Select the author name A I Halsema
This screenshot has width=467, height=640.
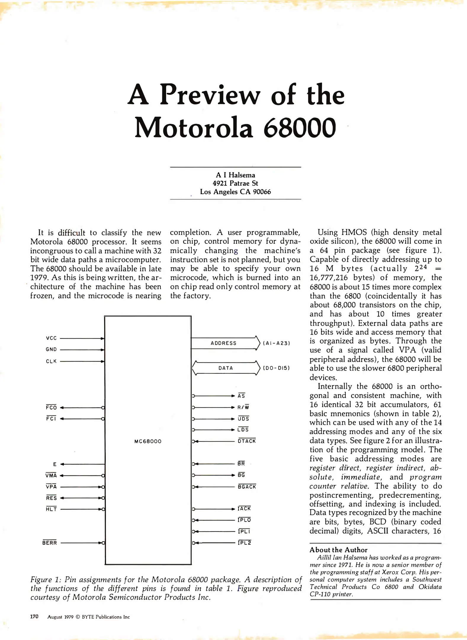tap(235, 175)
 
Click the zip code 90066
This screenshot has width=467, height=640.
tap(262, 192)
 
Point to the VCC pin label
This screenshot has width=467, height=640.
tap(51, 338)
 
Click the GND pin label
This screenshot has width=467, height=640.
tap(51, 350)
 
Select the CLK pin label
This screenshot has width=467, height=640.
tap(51, 361)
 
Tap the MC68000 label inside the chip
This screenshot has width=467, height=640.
tap(148, 441)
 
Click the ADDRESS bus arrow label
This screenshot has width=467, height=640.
tap(224, 343)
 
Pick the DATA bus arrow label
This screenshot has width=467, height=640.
tap(226, 368)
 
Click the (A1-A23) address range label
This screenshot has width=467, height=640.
tap(276, 343)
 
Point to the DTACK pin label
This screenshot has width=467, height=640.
tap(247, 441)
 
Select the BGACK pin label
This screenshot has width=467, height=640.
tap(247, 487)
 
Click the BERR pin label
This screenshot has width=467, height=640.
tap(49, 543)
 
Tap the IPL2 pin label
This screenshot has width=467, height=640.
tap(244, 543)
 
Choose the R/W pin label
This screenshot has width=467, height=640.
tap(243, 407)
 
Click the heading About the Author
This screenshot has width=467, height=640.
tap(338, 550)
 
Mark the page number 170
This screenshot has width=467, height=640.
tap(34, 617)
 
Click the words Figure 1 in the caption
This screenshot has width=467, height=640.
tap(46, 580)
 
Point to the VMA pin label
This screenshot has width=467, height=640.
tap(51, 476)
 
